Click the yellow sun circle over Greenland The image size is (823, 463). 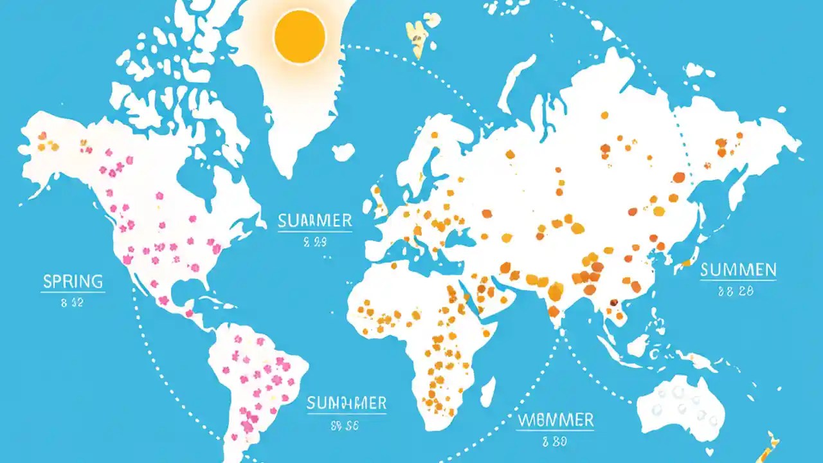point(300,37)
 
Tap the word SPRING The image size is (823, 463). point(73,281)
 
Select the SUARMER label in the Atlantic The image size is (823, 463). point(315,222)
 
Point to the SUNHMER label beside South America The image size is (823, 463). point(346,403)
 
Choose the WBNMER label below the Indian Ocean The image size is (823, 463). point(556,421)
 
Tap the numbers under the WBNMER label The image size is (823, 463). point(556,442)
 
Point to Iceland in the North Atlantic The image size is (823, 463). point(343,152)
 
